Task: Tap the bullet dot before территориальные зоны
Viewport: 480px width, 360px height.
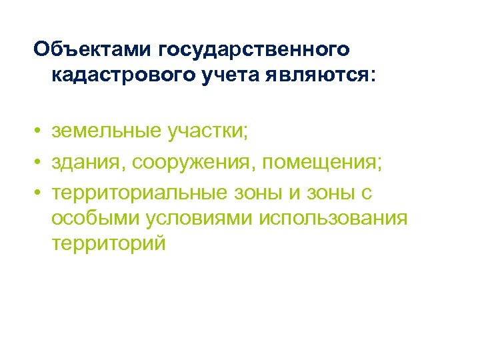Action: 39,192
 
